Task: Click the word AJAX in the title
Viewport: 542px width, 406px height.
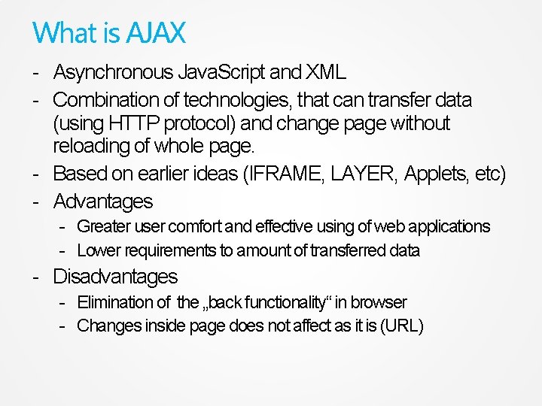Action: (x=155, y=33)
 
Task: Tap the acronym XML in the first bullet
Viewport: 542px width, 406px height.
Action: (x=325, y=73)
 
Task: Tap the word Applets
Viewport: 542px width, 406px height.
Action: (x=436, y=174)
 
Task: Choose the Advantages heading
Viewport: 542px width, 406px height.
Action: (x=103, y=201)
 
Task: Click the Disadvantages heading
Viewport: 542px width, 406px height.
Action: (x=115, y=277)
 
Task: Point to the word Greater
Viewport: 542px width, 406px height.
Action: (x=104, y=226)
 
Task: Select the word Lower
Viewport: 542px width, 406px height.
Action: (x=96, y=250)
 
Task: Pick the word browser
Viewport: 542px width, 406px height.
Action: (x=379, y=302)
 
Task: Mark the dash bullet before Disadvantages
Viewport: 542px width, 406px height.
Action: (x=36, y=277)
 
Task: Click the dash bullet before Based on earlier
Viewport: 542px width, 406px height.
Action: (x=36, y=175)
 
